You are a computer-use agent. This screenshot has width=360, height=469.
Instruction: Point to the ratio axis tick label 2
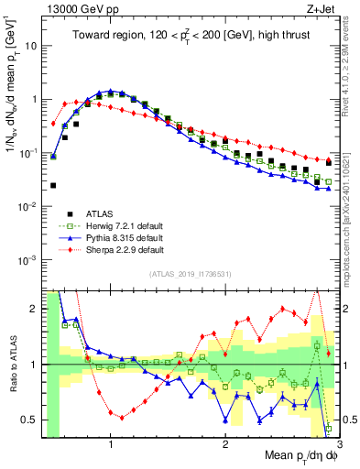34,309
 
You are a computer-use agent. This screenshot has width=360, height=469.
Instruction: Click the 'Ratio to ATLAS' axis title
11,362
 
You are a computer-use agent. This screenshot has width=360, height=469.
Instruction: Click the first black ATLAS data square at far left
52,185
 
